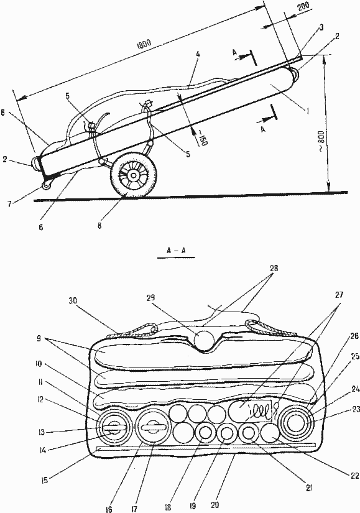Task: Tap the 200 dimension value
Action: (303, 7)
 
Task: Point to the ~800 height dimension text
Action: (321, 141)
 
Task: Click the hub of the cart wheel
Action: (134, 176)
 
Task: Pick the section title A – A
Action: (176, 251)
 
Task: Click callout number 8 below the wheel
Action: (99, 226)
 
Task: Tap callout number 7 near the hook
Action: (10, 204)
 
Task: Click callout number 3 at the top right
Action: (321, 27)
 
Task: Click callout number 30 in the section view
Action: (73, 301)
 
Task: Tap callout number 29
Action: (151, 298)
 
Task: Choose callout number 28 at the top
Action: (274, 269)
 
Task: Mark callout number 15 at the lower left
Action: (45, 480)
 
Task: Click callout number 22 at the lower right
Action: (355, 476)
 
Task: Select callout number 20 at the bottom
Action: (215, 505)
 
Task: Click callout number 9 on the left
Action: (39, 339)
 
